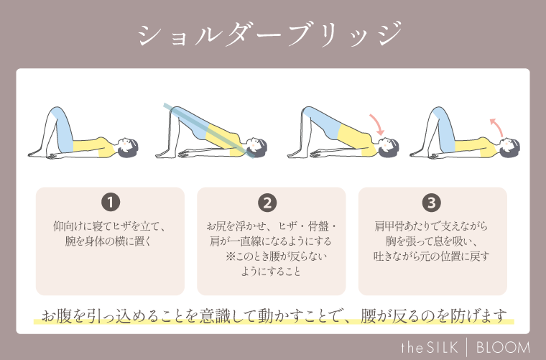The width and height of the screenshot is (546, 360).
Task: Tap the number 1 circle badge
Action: tap(111, 202)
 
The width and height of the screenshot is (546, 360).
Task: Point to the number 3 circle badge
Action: tap(432, 202)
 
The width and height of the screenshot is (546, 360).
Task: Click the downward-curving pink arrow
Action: tap(378, 123)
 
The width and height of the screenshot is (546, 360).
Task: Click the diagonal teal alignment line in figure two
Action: tap(208, 129)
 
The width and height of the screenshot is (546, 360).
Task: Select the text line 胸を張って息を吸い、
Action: tap(432, 241)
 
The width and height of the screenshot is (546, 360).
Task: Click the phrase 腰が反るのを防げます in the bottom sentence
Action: tap(432, 315)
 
